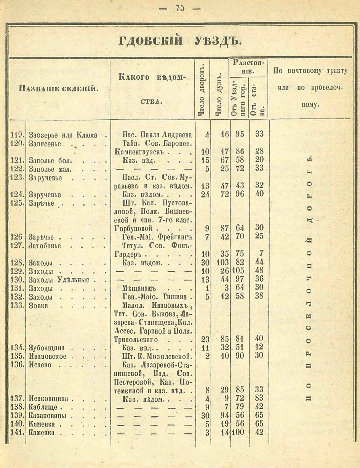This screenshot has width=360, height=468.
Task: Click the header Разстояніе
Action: point(248,66)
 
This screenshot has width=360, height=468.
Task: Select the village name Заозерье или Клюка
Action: point(63,134)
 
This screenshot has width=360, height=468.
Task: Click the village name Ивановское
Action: point(48,356)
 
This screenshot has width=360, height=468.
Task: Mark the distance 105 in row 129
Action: point(240,271)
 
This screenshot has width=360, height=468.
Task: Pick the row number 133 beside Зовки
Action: point(17,305)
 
